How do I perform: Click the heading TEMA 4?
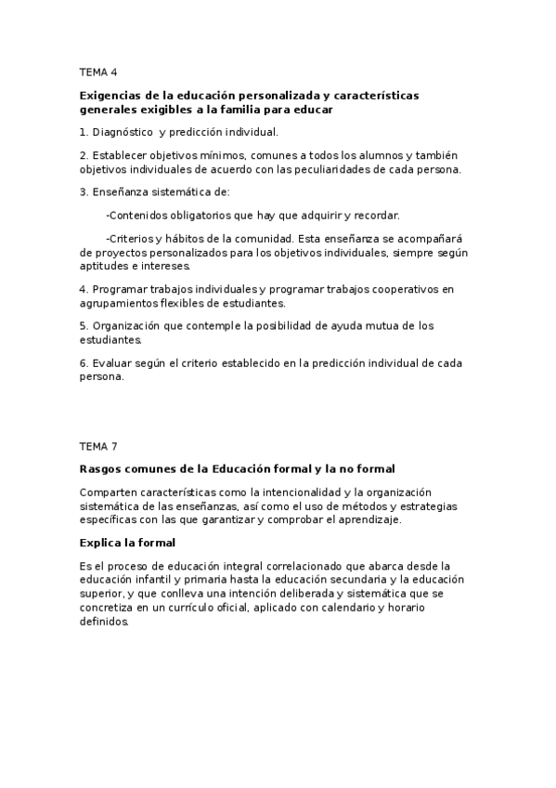coord(98,72)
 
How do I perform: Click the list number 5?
coord(83,325)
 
